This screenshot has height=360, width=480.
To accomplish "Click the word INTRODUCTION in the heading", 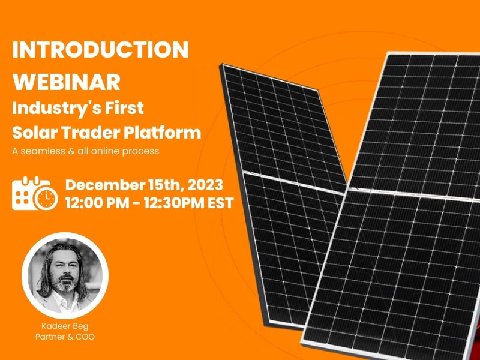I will [x=100, y=50].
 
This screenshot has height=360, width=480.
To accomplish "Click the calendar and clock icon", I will [x=35, y=193].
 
